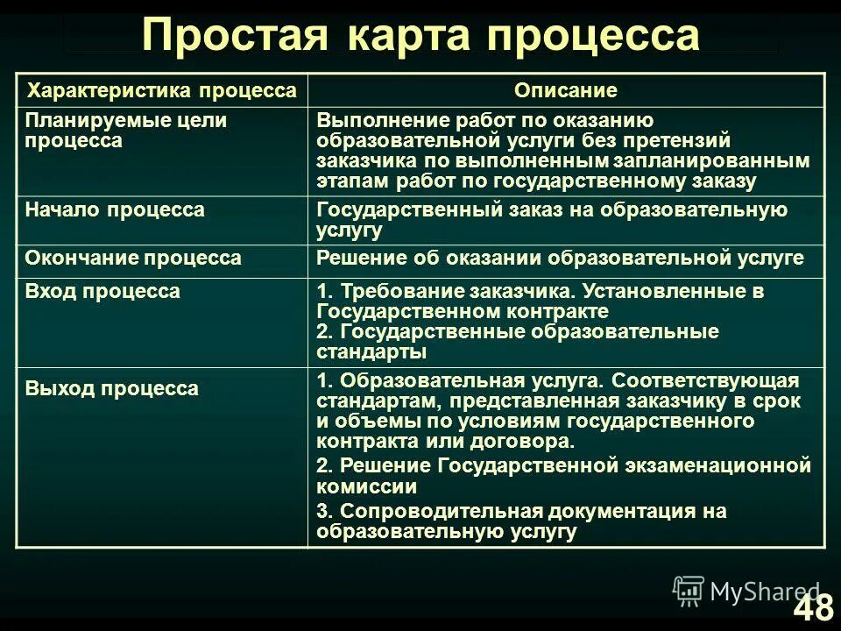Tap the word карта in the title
[409, 37]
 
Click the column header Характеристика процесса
[162, 91]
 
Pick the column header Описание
[565, 91]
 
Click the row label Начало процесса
[115, 210]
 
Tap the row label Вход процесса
[102, 292]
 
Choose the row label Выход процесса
[112, 389]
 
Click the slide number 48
[813, 607]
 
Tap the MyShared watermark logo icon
[689, 592]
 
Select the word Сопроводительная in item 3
[438, 511]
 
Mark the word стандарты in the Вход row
[371, 352]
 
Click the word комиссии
[367, 486]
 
